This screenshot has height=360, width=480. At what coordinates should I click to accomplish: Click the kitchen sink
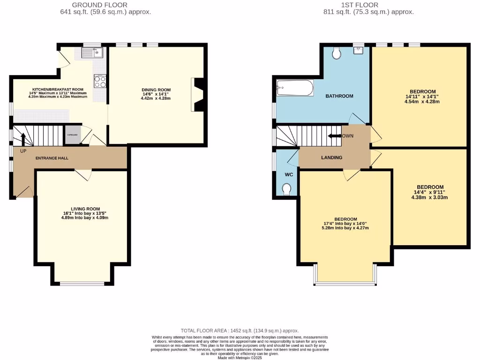coord(91,52)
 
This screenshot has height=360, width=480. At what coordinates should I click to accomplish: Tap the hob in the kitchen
coord(100,81)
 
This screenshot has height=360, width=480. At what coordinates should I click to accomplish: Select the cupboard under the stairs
coord(72,135)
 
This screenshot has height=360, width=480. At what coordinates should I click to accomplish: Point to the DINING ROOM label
coord(157,90)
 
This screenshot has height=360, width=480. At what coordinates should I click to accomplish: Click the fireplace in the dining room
coord(198,95)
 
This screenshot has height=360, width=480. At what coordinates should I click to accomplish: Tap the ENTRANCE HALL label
coord(52,158)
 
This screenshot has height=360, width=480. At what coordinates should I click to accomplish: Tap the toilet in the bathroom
coord(336,53)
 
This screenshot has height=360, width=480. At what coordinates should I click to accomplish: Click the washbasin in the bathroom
coord(359,49)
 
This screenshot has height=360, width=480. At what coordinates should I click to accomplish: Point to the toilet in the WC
coord(287,188)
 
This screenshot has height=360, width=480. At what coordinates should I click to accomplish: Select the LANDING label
coord(331,157)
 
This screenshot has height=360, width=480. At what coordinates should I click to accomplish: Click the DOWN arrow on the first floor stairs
coord(334,136)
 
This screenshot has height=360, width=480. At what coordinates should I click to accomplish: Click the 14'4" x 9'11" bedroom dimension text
coord(429,192)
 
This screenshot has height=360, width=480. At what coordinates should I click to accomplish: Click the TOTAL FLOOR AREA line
coord(240,330)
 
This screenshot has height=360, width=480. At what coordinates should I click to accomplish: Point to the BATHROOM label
coord(339,96)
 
